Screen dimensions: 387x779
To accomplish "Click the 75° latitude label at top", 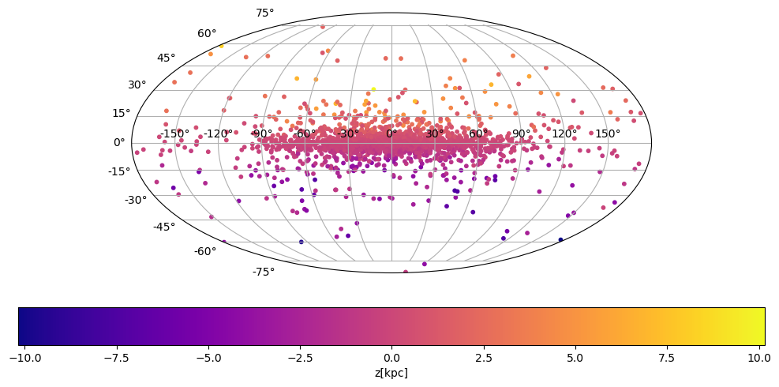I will pos(264,13).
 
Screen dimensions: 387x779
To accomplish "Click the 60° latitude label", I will pos(207,34).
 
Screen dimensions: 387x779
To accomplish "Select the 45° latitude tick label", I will pos(166,58).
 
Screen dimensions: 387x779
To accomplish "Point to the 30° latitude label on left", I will pos(137,85).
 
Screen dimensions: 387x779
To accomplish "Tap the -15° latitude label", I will pos(119,171).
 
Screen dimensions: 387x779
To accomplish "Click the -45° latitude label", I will pos(164,227).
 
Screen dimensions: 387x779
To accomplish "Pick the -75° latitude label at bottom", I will pos(263,272).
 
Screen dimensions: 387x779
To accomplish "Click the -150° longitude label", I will pos(174,133).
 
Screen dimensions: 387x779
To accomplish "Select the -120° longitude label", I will pos(218,133).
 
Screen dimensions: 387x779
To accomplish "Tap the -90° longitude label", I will pos(261,133).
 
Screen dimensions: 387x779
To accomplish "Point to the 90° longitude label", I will pos(521,133).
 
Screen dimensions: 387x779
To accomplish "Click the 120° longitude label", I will pos(564,133).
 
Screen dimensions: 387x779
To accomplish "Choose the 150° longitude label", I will pos(608,133).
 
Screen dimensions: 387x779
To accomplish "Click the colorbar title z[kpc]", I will pos(391,373).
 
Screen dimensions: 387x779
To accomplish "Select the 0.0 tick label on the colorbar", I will pos(391,358).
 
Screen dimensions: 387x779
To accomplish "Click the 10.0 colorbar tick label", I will pos(759,358).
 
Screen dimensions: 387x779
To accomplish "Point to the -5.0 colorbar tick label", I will pos(208,358).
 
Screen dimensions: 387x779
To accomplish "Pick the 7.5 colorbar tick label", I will pos(667,358).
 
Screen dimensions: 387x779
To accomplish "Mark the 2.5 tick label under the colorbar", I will pos(484,358).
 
